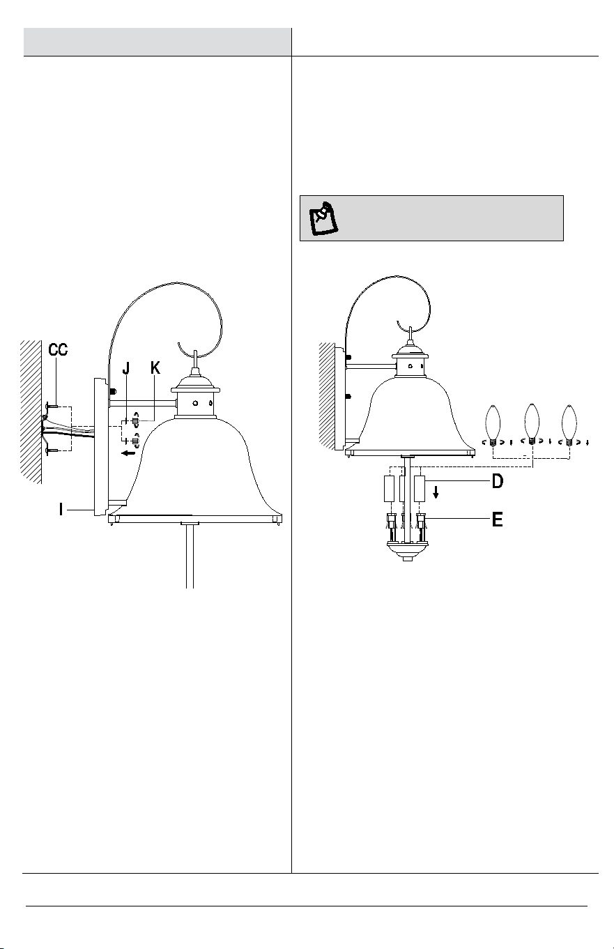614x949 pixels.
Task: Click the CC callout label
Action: (x=58, y=350)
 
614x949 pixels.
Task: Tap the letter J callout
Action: (x=125, y=369)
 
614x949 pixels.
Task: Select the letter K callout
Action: (x=155, y=368)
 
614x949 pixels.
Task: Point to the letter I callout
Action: (x=61, y=509)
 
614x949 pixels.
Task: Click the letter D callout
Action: (x=498, y=481)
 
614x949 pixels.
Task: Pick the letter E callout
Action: (x=498, y=519)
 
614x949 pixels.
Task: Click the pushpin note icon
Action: (x=324, y=218)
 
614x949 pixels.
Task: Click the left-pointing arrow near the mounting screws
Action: (x=128, y=453)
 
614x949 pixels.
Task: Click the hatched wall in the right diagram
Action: (x=327, y=395)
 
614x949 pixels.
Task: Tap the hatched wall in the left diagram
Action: (x=31, y=412)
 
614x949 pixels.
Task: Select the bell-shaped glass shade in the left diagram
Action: (x=194, y=466)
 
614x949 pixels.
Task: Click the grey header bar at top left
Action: (x=157, y=42)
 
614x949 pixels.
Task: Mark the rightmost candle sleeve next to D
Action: (x=420, y=489)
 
